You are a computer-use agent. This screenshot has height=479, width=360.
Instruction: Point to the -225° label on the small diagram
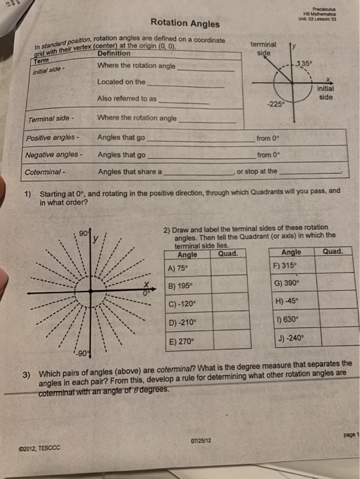click(277, 105)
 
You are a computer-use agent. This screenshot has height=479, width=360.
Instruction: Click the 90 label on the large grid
click(83, 233)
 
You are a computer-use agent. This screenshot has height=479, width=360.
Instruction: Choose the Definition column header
click(114, 53)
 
